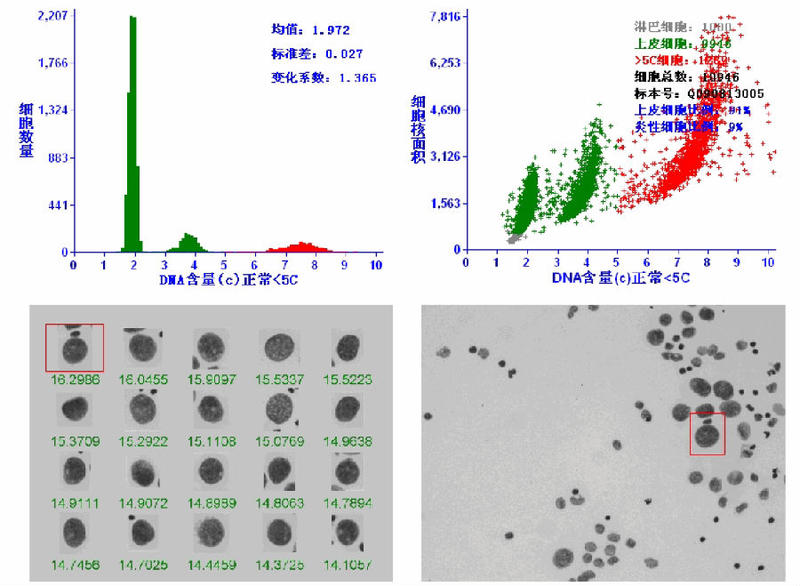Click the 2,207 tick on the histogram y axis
tap(52, 16)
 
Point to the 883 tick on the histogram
tap(56, 157)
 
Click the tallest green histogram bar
tap(132, 133)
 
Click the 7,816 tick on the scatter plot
tap(444, 16)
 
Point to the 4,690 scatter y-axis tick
tap(444, 110)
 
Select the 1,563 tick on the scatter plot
tap(444, 203)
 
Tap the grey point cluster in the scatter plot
tap(513, 237)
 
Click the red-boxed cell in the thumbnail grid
tap(75, 348)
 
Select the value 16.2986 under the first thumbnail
tap(75, 380)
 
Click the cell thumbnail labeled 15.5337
tap(278, 348)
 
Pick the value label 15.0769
tap(278, 440)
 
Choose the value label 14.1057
tap(347, 565)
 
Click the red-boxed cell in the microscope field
tap(708, 434)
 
